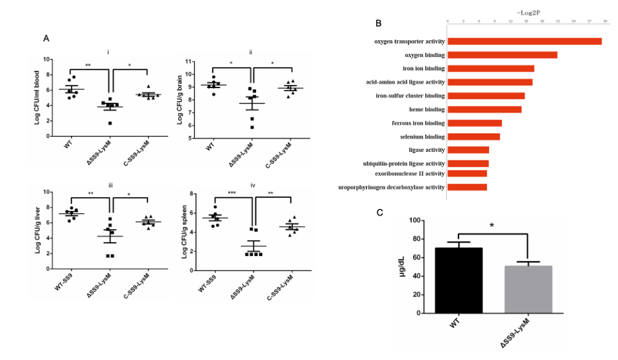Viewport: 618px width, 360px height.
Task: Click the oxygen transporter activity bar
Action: point(524,41)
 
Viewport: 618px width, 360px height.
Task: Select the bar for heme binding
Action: point(484,109)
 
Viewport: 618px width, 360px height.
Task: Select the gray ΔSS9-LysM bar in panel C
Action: point(527,289)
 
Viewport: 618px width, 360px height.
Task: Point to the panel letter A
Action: point(46,38)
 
